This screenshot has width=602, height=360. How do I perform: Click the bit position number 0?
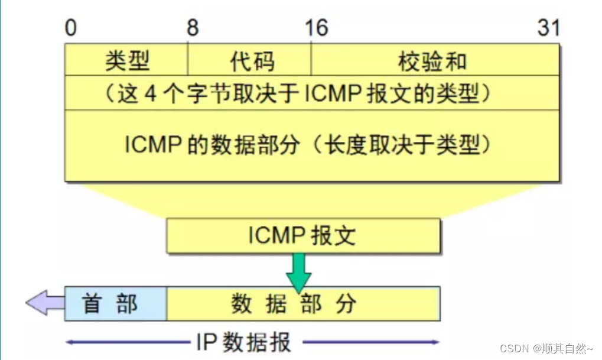coord(71,28)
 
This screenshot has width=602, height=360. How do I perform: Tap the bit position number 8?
coord(193,28)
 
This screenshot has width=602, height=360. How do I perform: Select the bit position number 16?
coord(317,28)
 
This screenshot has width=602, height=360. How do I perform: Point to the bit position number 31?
coord(548,28)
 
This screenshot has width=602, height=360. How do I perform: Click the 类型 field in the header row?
coord(127,60)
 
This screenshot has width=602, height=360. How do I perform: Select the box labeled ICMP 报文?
coord(303,236)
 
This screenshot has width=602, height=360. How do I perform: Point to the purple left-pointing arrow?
coord(44,303)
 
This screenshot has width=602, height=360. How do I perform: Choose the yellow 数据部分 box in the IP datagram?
coord(302,304)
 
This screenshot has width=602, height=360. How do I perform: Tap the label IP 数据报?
coord(243,342)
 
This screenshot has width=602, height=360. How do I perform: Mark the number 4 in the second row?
coord(151,93)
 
